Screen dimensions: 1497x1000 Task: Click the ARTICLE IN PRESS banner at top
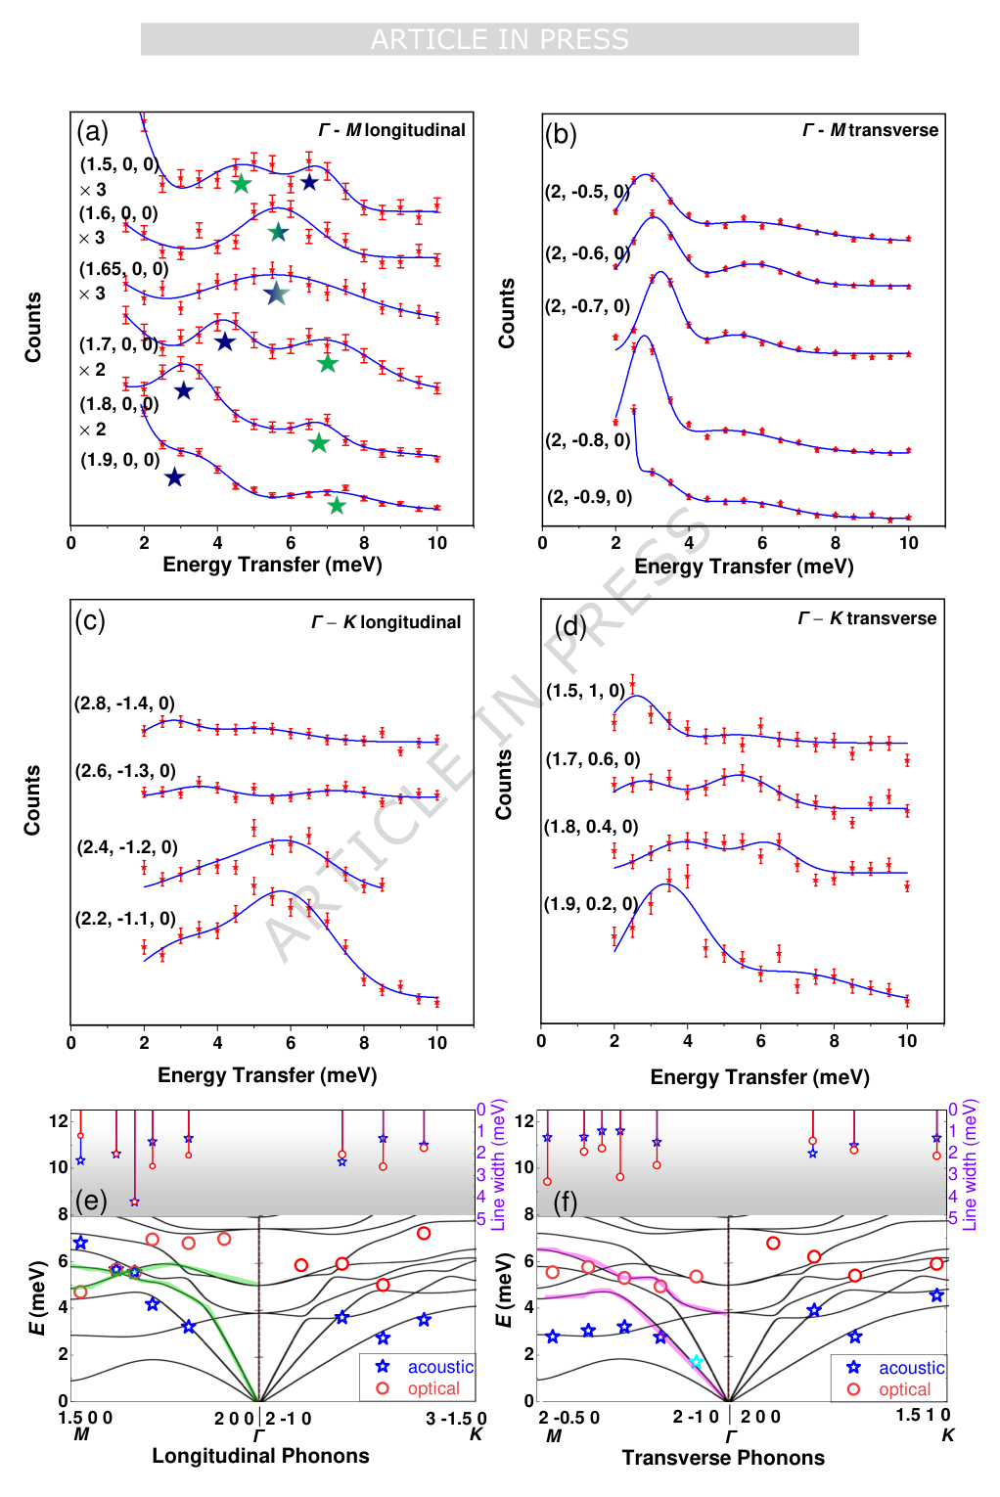[x=499, y=39]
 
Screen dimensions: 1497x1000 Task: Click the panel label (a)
[x=92, y=132]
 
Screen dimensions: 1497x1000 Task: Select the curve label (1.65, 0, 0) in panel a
[x=123, y=269]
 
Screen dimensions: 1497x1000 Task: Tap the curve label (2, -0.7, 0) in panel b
[x=587, y=306]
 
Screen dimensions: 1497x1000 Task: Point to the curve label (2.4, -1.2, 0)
[x=127, y=847]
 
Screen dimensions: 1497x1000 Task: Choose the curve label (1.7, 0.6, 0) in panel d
[x=592, y=759]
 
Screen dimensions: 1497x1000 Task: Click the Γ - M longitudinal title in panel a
[x=391, y=130]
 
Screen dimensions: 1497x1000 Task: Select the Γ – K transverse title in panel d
[x=867, y=618]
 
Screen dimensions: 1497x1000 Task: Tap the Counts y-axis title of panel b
[x=507, y=313]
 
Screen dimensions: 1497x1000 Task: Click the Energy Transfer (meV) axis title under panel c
[x=267, y=1075]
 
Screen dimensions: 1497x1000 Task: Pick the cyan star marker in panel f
[x=696, y=1362]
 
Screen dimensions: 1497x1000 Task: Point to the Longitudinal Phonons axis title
[x=260, y=1456]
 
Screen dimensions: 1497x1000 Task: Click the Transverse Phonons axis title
[x=723, y=1458]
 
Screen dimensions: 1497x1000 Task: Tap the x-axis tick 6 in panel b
[x=762, y=543]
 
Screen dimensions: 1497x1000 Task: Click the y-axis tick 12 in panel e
[x=59, y=1121]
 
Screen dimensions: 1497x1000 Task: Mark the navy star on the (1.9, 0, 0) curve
[x=174, y=477]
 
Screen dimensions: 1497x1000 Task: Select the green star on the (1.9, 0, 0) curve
[x=337, y=506]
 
